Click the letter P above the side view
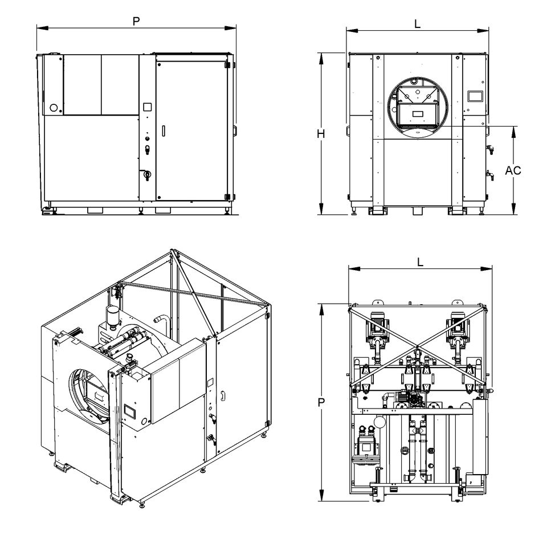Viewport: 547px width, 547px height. [136, 21]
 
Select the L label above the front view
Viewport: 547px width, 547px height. [417, 24]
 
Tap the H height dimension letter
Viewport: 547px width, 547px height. [321, 134]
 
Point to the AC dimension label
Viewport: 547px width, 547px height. [513, 170]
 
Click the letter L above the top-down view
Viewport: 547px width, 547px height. [420, 263]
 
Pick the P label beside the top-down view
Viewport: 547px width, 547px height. [321, 402]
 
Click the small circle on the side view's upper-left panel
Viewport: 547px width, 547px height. [54, 107]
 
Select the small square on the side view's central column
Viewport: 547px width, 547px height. [147, 107]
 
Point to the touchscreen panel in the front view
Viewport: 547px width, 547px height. [475, 96]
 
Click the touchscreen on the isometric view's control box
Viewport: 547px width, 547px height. [129, 410]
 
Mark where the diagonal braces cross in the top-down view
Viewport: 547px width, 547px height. [419, 346]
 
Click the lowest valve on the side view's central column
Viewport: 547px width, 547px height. [146, 174]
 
